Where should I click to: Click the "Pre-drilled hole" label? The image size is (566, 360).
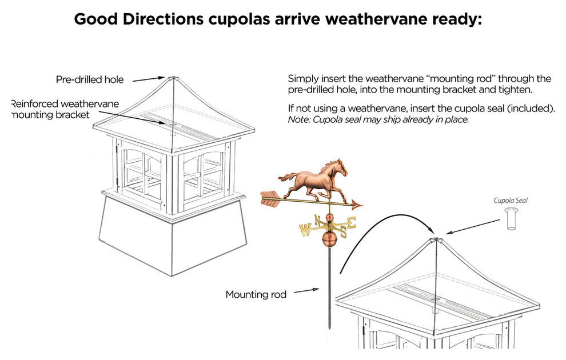[x=89, y=79]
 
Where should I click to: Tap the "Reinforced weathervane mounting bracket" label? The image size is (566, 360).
[x=65, y=109]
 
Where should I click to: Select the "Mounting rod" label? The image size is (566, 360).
[x=256, y=295]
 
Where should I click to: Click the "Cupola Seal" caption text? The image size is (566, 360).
[x=510, y=201]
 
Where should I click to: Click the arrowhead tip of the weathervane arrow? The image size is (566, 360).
[x=358, y=205]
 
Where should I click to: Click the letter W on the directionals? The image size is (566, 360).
[x=305, y=231]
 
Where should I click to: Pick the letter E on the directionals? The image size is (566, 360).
[x=352, y=222]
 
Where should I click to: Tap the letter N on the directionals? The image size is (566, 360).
[x=317, y=219]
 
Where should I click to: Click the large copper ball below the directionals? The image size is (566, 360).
[x=328, y=239]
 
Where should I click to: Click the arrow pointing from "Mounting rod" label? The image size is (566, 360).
[x=308, y=291]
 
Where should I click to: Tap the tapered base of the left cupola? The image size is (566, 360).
[x=172, y=234]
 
